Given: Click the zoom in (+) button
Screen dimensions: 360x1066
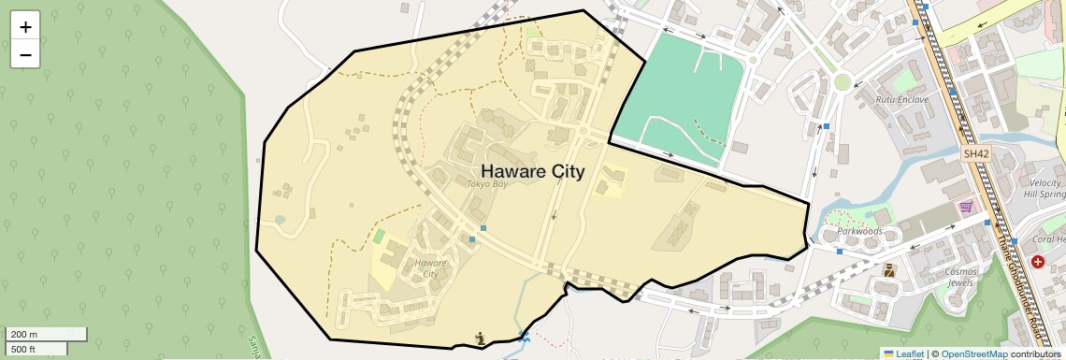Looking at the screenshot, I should click(x=25, y=26).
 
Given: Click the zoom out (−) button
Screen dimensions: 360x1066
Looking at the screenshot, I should click(x=25, y=54).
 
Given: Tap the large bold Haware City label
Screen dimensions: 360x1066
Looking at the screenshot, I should click(x=532, y=171).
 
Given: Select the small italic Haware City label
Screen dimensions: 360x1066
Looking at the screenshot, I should click(x=430, y=268).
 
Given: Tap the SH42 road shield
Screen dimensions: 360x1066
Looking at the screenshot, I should click(x=975, y=153).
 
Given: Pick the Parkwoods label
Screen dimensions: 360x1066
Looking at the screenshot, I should click(x=859, y=231).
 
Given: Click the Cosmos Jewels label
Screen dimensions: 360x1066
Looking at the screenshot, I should click(x=960, y=277).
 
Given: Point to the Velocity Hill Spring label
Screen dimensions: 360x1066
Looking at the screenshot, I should click(x=1044, y=188).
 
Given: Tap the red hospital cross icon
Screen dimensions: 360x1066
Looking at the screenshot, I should click(x=1038, y=263).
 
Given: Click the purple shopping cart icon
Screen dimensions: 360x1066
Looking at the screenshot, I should click(x=965, y=207).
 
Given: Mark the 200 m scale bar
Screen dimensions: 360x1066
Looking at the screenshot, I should click(x=47, y=334).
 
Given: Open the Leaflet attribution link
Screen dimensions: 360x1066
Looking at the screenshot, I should click(x=903, y=353).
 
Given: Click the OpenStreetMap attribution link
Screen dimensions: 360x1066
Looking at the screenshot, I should click(x=973, y=353).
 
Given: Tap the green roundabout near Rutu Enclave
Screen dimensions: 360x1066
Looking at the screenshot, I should click(x=843, y=81).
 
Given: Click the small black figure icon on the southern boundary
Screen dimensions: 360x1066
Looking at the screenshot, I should click(x=480, y=338).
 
